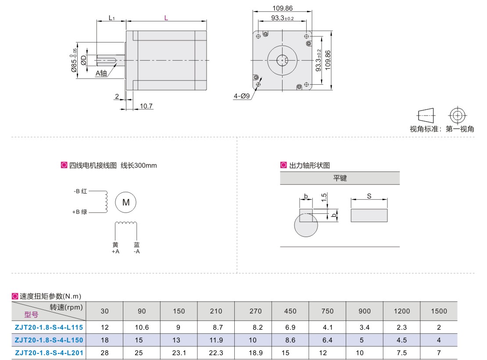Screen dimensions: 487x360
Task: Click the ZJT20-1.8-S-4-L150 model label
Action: (x=49, y=340)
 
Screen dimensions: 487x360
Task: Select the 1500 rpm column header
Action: (x=439, y=311)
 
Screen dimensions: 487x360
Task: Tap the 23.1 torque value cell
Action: (x=179, y=353)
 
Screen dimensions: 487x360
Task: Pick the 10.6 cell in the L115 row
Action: (x=142, y=328)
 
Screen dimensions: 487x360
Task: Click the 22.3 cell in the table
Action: (x=216, y=353)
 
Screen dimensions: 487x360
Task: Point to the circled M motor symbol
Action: (x=125, y=202)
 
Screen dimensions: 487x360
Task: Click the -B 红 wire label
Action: (x=80, y=191)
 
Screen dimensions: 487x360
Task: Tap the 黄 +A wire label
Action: (x=115, y=248)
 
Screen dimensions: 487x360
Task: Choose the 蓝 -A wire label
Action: (x=136, y=248)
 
